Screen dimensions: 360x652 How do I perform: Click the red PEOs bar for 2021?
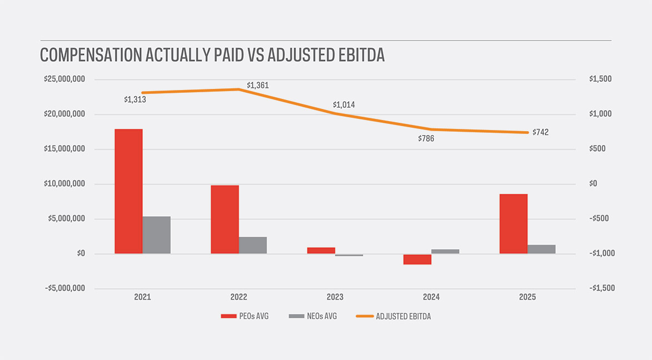point(128,191)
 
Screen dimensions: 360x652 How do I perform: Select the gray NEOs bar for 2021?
point(157,235)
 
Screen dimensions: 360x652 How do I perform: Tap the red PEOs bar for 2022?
point(224,219)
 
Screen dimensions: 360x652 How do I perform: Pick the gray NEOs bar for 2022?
point(253,245)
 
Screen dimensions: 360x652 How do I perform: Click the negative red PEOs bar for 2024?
point(417,259)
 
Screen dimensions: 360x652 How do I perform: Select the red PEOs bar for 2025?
point(513,224)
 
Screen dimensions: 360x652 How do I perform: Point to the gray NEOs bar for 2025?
point(541,249)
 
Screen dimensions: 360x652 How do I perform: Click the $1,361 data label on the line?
point(258,86)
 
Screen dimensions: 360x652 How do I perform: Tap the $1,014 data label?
point(344,105)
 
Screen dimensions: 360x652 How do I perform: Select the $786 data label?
point(426,139)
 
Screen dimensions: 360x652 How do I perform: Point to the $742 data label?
point(540,132)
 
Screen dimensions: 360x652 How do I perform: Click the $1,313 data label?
point(135,100)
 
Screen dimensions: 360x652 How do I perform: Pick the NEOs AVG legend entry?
point(313,316)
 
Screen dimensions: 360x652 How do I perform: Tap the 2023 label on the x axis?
point(335,297)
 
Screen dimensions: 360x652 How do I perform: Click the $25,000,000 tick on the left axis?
point(64,79)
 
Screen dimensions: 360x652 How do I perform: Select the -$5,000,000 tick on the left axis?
point(64,288)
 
